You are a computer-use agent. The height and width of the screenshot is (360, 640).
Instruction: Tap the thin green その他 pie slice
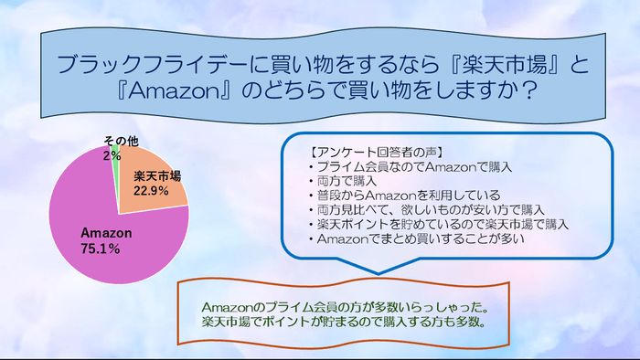116,155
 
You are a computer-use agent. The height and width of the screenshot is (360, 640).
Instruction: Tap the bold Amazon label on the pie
106,234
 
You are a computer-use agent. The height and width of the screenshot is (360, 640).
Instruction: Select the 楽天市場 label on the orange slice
156,175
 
